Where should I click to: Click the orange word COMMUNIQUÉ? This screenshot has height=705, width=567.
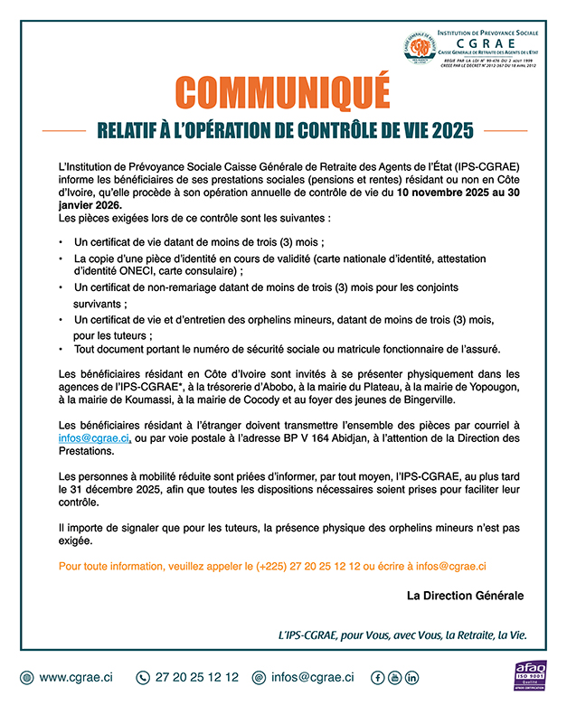tap(282, 92)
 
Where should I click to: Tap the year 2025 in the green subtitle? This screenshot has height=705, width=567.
tap(452, 130)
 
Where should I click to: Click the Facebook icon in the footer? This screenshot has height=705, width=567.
tap(379, 677)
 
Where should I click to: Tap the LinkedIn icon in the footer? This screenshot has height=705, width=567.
tap(412, 677)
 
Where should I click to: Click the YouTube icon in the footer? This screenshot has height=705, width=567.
tap(395, 677)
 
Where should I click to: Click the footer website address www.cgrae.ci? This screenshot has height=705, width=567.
tap(76, 677)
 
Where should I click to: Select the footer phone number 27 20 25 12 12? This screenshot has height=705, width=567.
tap(197, 677)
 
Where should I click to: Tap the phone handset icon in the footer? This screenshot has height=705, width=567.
tap(142, 677)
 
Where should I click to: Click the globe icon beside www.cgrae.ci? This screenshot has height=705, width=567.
tap(25, 677)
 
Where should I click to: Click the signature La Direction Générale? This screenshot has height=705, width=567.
tap(465, 596)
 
